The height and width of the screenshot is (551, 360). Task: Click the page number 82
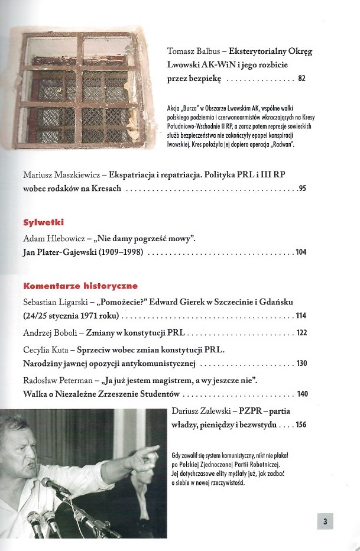(x=302, y=79)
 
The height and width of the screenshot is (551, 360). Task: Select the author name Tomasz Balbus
(x=194, y=51)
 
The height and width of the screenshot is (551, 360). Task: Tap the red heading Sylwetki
(x=43, y=223)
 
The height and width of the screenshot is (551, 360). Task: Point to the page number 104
(x=301, y=252)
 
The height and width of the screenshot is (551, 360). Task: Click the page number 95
(x=302, y=189)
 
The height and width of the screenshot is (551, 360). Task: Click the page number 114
(x=301, y=315)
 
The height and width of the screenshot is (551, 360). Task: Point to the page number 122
(x=301, y=333)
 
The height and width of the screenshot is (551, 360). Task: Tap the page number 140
(x=301, y=394)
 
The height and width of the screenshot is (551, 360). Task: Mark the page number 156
(x=301, y=424)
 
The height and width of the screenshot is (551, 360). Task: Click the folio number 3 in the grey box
(x=326, y=521)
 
